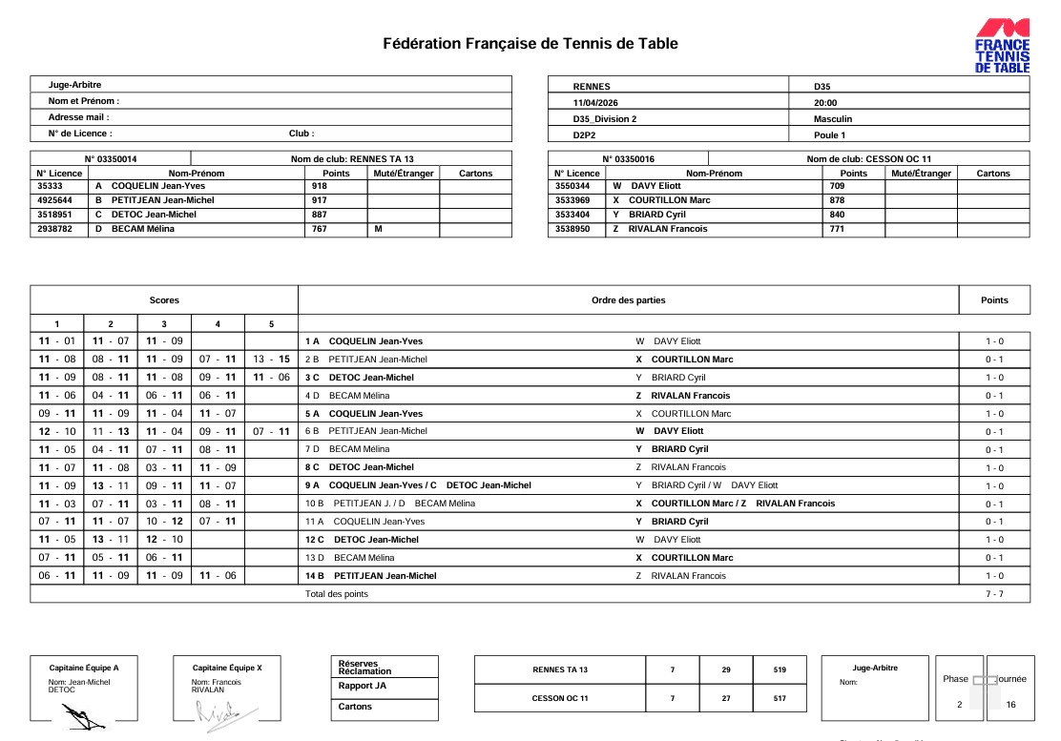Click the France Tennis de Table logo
click(1001, 46)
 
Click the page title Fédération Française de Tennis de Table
click(530, 44)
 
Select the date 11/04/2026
click(595, 103)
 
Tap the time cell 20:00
click(825, 103)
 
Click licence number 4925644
click(59, 200)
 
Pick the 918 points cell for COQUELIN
click(319, 186)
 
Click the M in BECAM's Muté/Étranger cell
click(378, 229)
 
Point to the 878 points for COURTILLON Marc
click(837, 200)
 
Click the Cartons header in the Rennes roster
click(475, 174)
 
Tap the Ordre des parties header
click(629, 300)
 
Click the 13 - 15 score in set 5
click(271, 360)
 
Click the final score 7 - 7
click(993, 594)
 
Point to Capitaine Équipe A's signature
click(82, 713)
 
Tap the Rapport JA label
click(362, 686)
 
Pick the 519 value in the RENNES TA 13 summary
click(780, 669)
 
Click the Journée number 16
click(1010, 705)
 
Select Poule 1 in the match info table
click(831, 135)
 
